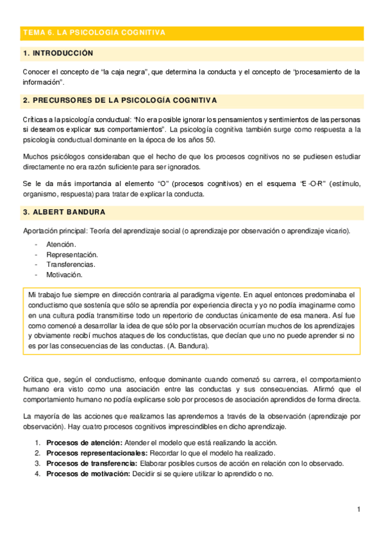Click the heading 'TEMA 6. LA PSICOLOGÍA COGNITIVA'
[x=94, y=32]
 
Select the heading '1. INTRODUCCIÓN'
[x=58, y=53]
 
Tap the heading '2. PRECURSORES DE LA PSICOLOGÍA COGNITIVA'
[x=120, y=101]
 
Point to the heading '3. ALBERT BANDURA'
[x=64, y=212]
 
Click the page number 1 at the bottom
[x=360, y=509]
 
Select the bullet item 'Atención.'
[x=61, y=244]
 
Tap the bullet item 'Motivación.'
[x=64, y=275]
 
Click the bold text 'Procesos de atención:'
[x=84, y=443]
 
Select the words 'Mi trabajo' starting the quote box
[x=45, y=294]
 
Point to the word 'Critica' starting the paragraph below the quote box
[x=33, y=379]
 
